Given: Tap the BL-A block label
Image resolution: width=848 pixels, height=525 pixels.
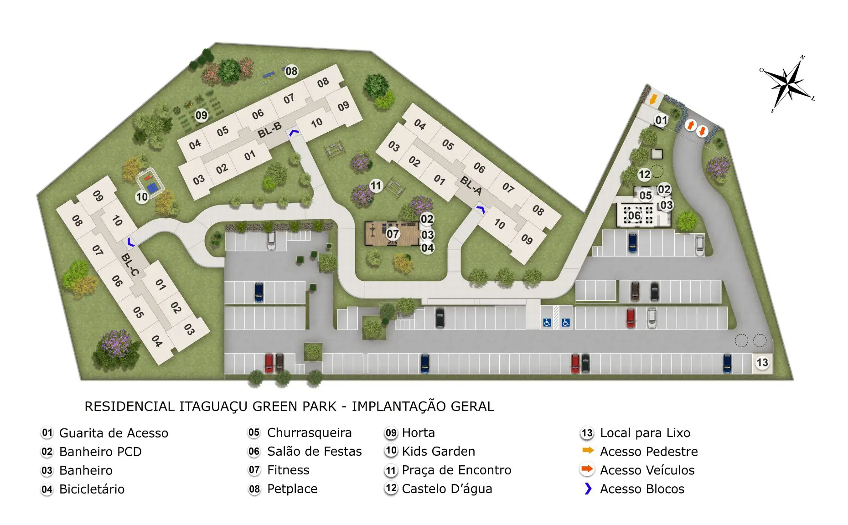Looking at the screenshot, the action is (x=471, y=185).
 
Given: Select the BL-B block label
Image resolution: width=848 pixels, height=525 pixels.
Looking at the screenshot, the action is (x=269, y=130).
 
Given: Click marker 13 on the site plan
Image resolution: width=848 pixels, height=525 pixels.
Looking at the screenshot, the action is (x=762, y=363).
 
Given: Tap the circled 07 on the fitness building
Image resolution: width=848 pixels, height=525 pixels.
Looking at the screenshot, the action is (x=393, y=234).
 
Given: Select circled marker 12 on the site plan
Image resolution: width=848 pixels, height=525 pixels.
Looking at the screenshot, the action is (x=644, y=175).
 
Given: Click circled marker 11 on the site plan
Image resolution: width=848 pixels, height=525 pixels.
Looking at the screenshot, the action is (x=376, y=185).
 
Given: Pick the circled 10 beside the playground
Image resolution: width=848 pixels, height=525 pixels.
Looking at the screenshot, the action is (x=142, y=197).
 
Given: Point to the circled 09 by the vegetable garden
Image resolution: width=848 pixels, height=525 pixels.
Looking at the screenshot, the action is (x=202, y=115).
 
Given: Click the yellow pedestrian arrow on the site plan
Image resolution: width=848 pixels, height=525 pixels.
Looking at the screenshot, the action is (x=653, y=98).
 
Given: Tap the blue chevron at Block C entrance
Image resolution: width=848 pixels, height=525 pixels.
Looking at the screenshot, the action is (x=131, y=242).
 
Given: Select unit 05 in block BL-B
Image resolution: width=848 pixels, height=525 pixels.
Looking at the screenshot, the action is (x=222, y=132).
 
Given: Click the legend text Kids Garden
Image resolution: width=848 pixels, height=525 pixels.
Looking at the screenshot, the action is (x=439, y=451).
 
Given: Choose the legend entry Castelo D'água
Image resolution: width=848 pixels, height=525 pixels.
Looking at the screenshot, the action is (x=447, y=489).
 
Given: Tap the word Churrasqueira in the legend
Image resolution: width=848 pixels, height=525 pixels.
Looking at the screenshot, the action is (x=310, y=432).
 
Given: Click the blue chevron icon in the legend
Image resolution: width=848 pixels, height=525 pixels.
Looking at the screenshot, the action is (x=588, y=489).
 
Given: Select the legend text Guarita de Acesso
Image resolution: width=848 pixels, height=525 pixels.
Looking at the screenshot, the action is (x=114, y=433).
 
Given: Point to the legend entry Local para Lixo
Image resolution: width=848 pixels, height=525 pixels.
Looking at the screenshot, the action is (x=645, y=432).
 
